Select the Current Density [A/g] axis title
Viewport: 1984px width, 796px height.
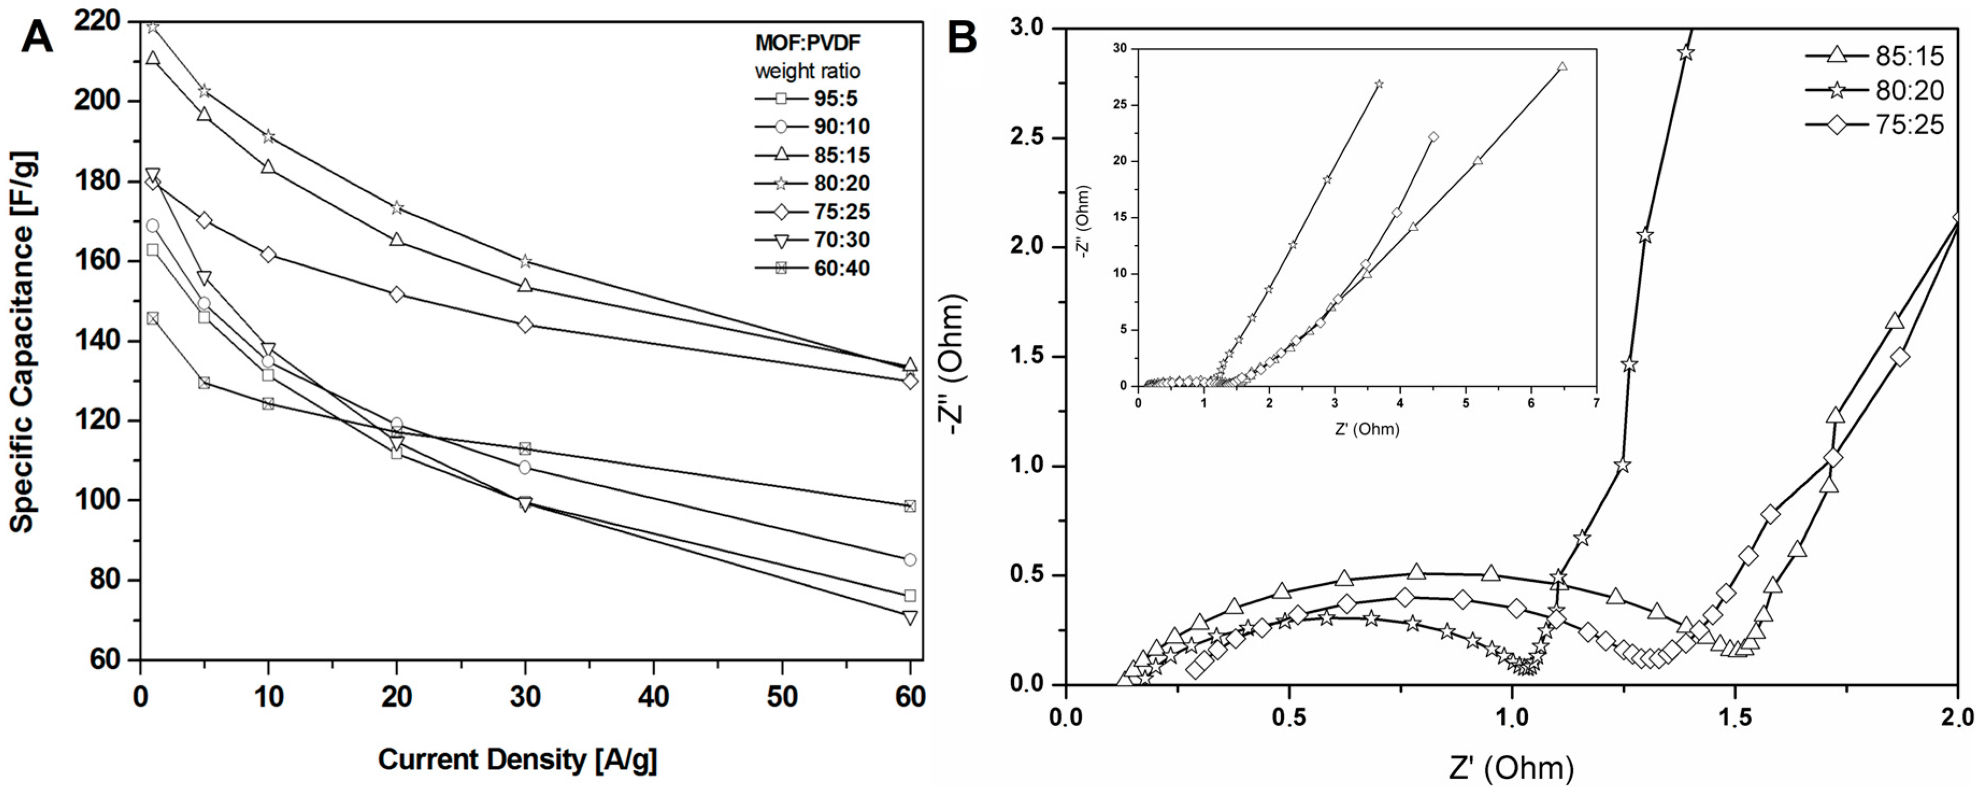coord(518,760)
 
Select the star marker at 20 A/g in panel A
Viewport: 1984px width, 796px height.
coord(397,208)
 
